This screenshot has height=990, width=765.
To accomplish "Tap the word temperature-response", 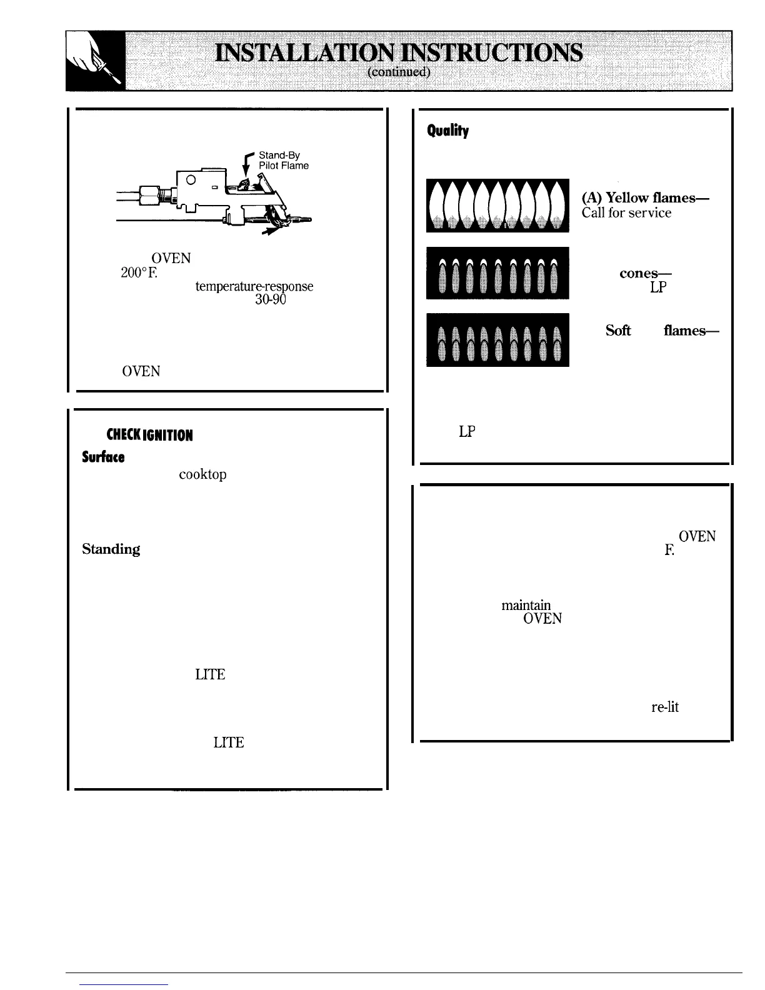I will [x=254, y=286].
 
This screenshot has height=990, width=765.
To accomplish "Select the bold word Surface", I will [x=103, y=457].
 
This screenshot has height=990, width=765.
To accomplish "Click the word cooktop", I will [x=202, y=474].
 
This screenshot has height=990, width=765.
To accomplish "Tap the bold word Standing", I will [x=111, y=549].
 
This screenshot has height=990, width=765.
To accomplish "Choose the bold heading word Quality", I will [x=447, y=131].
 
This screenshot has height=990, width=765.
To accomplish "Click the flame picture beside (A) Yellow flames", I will [x=497, y=205].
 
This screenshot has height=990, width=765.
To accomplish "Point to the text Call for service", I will [x=626, y=213].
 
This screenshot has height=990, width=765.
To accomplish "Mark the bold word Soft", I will [x=617, y=331].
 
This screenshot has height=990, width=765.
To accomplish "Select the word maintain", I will [x=526, y=605].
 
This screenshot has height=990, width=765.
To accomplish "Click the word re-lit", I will [x=664, y=707].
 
